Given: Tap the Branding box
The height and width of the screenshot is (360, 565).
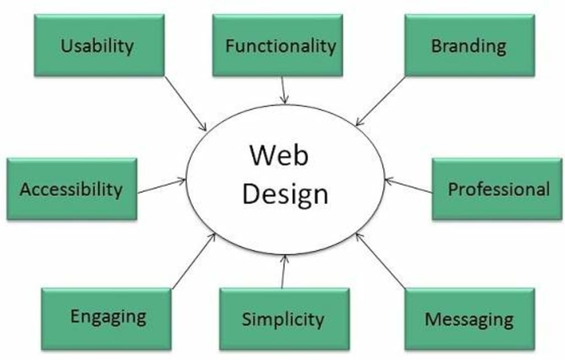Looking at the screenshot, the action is pyautogui.click(x=470, y=45).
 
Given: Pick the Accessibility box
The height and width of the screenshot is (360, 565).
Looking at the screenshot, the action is pyautogui.click(x=72, y=189).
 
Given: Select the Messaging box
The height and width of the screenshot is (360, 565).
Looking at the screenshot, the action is pyautogui.click(x=470, y=319).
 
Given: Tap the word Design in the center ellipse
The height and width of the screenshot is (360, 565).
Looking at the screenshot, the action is pyautogui.click(x=285, y=194).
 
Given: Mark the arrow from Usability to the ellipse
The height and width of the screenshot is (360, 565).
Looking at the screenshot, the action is pyautogui.click(x=185, y=103).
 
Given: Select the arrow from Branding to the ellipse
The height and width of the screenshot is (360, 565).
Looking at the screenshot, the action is pyautogui.click(x=380, y=101).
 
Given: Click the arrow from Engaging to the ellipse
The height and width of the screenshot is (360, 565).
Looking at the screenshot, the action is pyautogui.click(x=193, y=261).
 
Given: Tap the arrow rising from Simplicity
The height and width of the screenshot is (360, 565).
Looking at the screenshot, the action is pyautogui.click(x=284, y=271).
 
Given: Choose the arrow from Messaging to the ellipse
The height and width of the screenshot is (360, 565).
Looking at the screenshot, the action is pyautogui.click(x=381, y=261).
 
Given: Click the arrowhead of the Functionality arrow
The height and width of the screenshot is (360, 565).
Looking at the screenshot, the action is pyautogui.click(x=285, y=101).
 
